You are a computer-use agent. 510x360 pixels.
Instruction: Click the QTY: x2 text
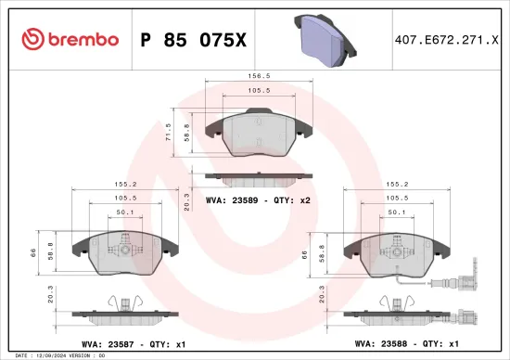298,199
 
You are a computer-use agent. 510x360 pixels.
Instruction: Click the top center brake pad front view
260,135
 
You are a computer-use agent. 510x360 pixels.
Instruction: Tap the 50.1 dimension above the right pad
396,212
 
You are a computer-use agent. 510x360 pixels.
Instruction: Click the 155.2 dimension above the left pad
126,186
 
